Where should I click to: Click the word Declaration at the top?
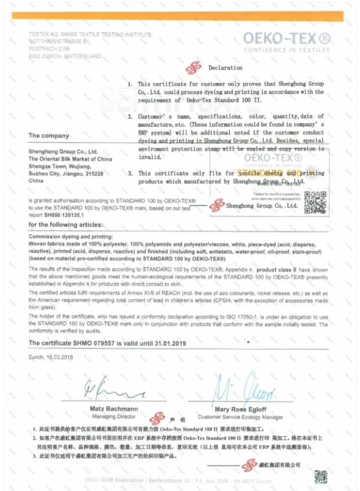(x=225, y=68)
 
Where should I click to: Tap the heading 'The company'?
(x=49, y=135)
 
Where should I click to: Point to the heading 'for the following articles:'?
(x=66, y=225)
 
